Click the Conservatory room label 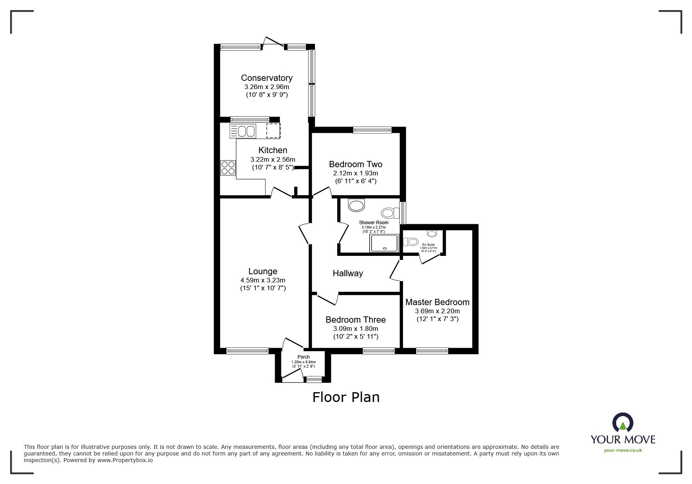pos(266,78)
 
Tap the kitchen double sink pos(243,131)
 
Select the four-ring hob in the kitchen pos(228,168)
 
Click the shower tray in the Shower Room pos(384,243)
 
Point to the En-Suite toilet pos(411,242)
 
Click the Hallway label pos(348,273)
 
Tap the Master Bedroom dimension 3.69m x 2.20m pos(437,311)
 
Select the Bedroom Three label pos(356,320)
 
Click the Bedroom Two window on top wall pos(372,130)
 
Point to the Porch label pos(304,357)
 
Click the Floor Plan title pos(346,397)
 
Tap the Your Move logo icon pos(622,423)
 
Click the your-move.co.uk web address pos(623,450)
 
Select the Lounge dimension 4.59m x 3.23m pos(263,280)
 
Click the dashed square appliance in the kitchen pos(273,130)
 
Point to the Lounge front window pos(247,351)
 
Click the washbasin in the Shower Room pos(356,205)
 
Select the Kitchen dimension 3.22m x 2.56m pos(273,159)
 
